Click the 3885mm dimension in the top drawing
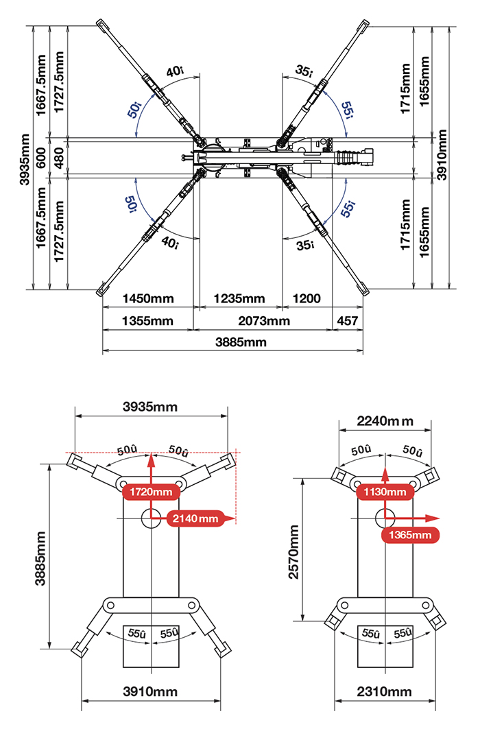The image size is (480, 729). (241, 342)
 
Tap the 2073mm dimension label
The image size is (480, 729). (264, 321)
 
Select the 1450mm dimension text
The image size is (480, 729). (147, 298)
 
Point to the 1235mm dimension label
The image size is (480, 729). (239, 298)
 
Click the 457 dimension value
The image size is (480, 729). (347, 321)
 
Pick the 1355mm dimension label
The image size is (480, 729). (147, 321)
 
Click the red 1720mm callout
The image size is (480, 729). (151, 492)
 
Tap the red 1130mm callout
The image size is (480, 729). (385, 492)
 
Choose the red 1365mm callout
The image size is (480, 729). (410, 535)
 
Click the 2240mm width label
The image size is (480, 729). (385, 421)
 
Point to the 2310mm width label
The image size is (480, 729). (384, 692)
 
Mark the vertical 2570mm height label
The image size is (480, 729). (294, 552)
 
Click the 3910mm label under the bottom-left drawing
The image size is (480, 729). (150, 692)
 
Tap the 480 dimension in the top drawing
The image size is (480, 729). (59, 158)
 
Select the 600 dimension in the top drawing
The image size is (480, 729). (41, 158)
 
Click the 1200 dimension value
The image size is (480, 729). (307, 298)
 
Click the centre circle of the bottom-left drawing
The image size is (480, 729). (151, 518)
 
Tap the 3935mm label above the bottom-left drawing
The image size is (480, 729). (150, 407)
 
